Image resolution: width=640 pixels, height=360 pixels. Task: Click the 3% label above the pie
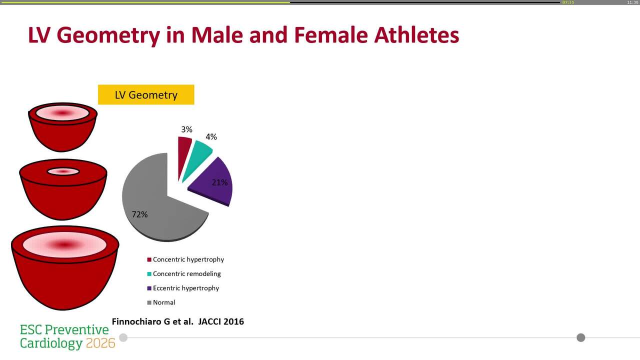(x=186, y=129)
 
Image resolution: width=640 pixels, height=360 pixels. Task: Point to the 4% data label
(x=211, y=136)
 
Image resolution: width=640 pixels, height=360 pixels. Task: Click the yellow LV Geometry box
(x=146, y=95)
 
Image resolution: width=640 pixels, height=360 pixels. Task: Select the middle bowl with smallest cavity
(x=63, y=190)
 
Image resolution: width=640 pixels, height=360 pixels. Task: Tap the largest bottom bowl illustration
(x=65, y=267)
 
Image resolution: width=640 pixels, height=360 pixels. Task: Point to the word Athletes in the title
(x=416, y=35)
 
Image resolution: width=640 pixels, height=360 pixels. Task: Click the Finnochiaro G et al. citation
(x=177, y=321)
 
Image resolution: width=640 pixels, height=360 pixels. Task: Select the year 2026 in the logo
(x=100, y=343)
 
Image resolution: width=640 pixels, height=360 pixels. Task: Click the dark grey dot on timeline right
(x=580, y=337)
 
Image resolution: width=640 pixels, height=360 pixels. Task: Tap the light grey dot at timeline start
(x=123, y=337)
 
